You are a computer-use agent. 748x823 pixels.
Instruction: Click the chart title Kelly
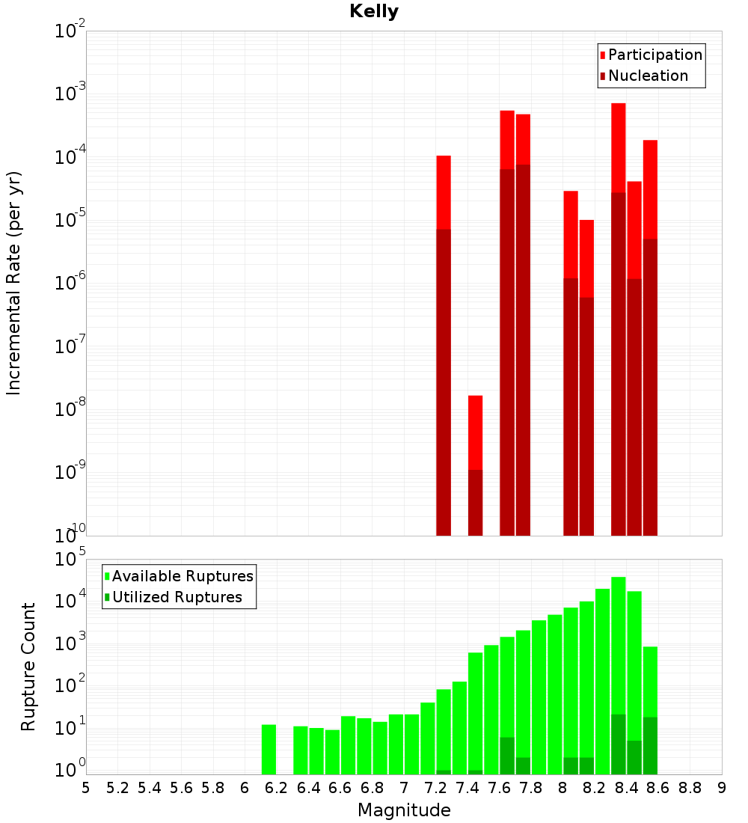click(x=374, y=12)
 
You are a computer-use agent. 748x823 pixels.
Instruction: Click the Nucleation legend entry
click(x=648, y=76)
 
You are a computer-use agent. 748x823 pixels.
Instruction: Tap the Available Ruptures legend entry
click(x=183, y=576)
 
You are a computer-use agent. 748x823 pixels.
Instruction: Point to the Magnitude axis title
click(x=404, y=810)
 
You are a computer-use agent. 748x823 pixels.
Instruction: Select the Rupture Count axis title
click(x=28, y=667)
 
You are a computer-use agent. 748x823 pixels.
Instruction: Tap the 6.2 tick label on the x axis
click(x=276, y=788)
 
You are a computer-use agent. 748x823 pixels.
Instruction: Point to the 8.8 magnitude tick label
click(x=690, y=788)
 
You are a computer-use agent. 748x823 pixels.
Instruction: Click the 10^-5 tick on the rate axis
click(x=70, y=221)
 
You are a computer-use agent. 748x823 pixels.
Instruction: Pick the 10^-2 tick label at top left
click(x=70, y=32)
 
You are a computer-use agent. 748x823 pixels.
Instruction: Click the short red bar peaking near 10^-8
click(x=475, y=434)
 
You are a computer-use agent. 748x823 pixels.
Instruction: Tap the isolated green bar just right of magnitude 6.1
click(x=269, y=748)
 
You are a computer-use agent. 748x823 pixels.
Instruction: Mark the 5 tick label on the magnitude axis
click(x=86, y=788)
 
